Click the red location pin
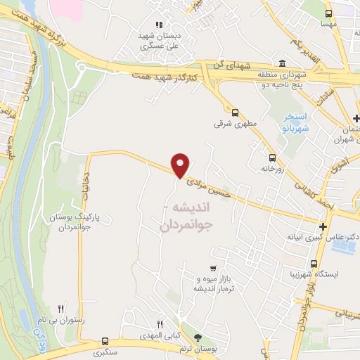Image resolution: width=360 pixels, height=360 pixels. click(x=181, y=165)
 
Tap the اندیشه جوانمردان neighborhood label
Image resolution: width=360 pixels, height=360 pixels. click(x=191, y=217)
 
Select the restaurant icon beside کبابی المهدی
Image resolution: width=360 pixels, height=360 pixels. click(x=160, y=324)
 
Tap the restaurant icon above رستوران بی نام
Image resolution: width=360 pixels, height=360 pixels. click(x=61, y=308)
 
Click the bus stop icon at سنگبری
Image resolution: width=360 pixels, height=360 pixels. click(x=105, y=340)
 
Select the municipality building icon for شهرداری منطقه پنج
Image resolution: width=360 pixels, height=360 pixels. click(x=282, y=62)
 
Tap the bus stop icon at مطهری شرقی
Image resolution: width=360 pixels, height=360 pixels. click(x=235, y=110)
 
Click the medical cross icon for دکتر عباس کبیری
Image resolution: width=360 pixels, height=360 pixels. click(x=323, y=226)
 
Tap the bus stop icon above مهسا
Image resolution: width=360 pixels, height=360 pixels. click(x=328, y=13)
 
